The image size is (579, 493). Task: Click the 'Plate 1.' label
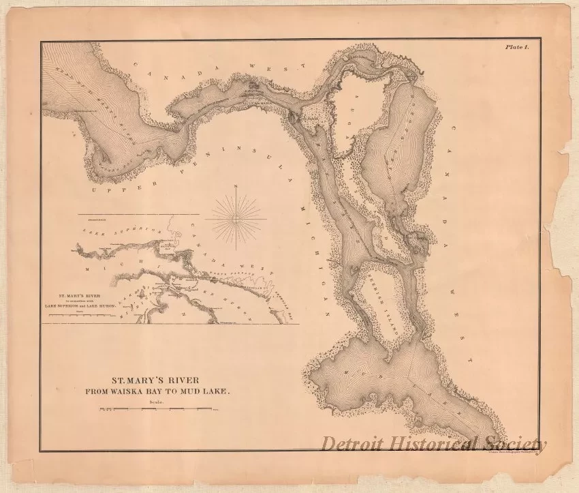521,48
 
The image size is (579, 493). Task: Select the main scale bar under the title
157,410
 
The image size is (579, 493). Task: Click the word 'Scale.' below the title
157,402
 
